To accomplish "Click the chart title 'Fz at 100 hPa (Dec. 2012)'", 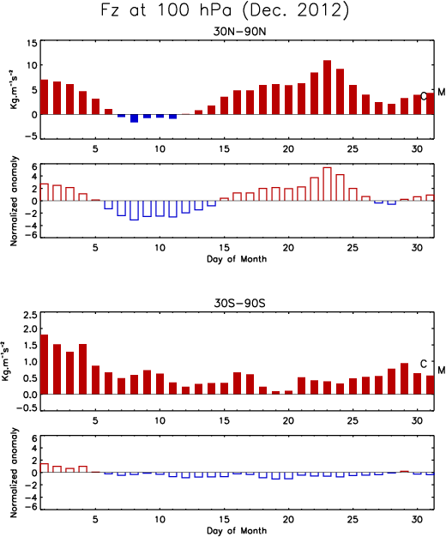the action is (x=225, y=10).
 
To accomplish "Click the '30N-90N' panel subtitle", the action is (x=239, y=32).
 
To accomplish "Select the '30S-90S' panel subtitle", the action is (x=239, y=304).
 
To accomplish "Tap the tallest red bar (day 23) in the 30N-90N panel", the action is (x=327, y=87).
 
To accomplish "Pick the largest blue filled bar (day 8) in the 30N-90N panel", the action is (x=134, y=118).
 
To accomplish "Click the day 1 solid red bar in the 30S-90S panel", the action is (x=45, y=365).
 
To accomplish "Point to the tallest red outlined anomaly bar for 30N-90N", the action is (x=327, y=184).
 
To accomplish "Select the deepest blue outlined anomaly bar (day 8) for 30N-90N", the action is (x=134, y=210).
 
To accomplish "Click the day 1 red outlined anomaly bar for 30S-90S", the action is (x=45, y=468).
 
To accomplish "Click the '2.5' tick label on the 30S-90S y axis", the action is (x=29, y=315).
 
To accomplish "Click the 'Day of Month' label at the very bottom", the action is (x=237, y=530).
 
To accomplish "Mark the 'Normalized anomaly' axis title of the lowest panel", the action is (x=14, y=473).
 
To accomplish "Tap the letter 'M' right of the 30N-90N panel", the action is (x=441, y=92).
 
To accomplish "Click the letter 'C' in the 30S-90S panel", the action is (x=424, y=364).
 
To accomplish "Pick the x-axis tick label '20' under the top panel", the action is (x=288, y=149).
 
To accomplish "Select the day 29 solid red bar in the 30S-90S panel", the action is (x=404, y=379).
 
